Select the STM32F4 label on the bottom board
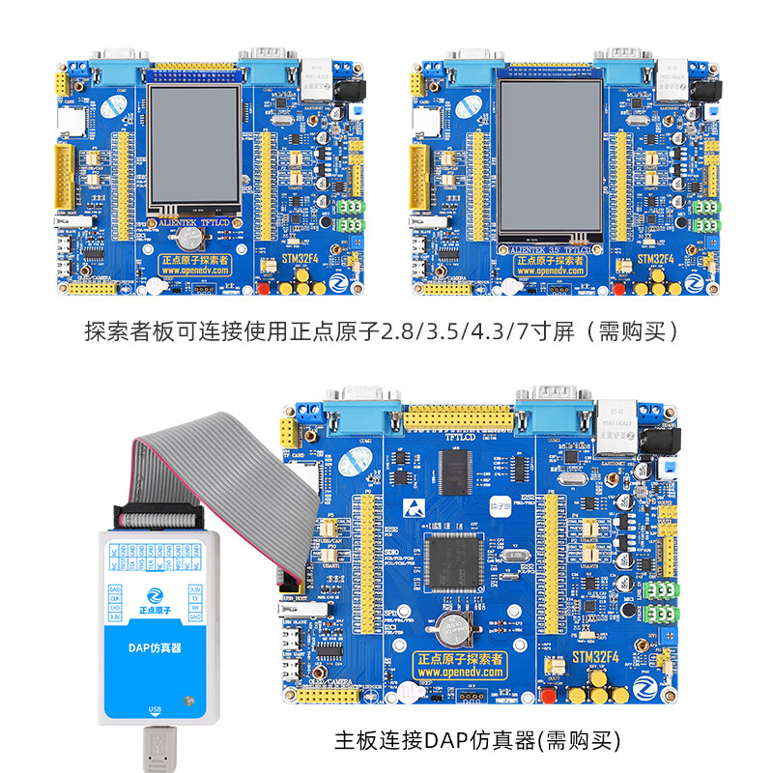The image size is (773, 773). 601,657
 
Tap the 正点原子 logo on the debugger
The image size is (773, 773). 152,601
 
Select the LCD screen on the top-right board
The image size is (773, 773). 550,158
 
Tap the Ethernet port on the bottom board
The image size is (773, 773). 616,425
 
